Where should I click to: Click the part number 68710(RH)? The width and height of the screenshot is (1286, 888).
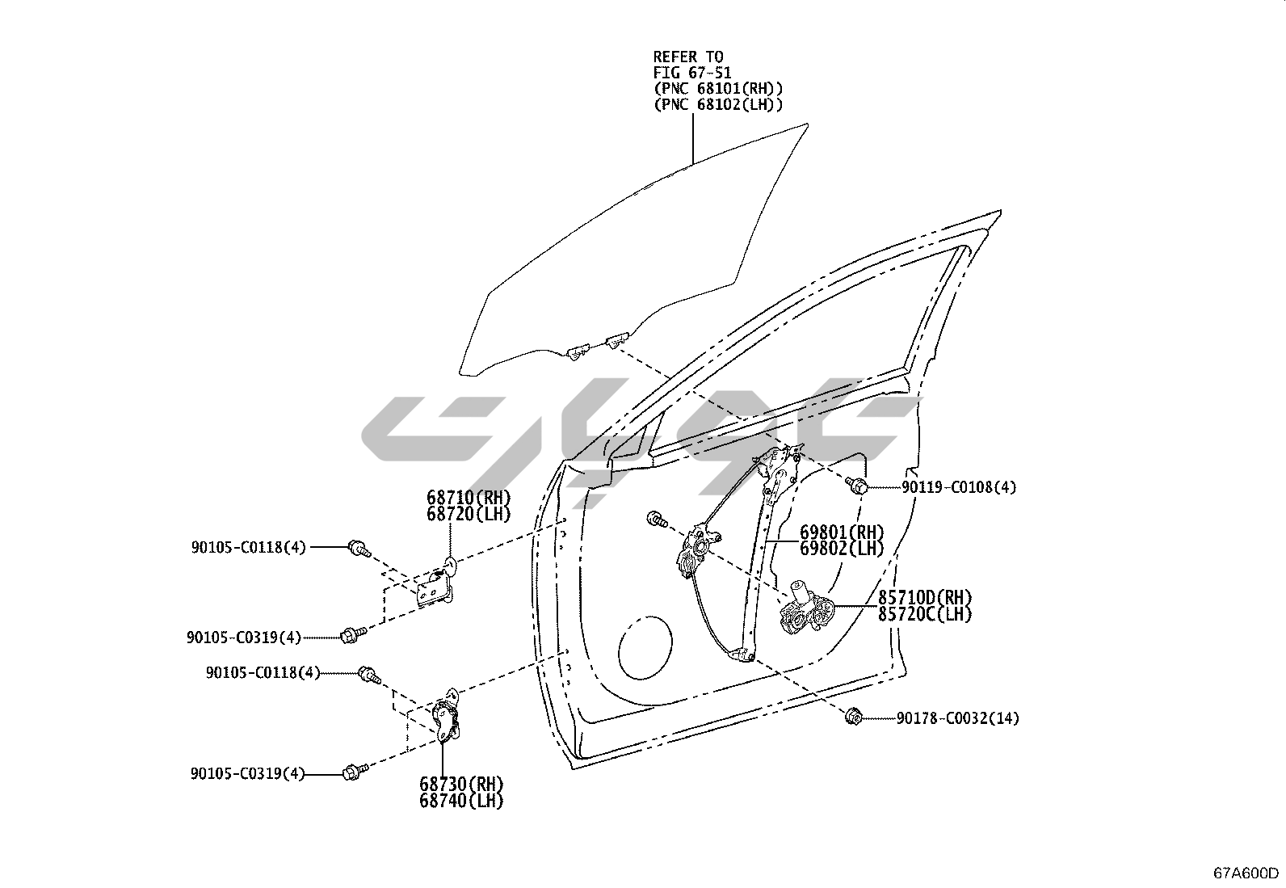[x=469, y=498]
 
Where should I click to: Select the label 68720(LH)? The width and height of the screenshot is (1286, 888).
[x=469, y=514]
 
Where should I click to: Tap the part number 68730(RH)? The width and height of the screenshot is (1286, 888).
[x=461, y=784]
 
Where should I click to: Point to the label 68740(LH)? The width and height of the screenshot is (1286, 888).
[x=461, y=801]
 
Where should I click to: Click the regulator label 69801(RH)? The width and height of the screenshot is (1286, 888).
[x=842, y=532]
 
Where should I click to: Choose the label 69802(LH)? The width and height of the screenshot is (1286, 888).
[x=842, y=548]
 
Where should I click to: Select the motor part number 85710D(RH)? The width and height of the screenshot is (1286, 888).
[x=925, y=598]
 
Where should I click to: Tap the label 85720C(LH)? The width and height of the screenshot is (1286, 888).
[x=925, y=614]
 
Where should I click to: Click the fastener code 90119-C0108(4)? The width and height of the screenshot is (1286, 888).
[x=959, y=487]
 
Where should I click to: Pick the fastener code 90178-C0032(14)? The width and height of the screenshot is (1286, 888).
[x=957, y=718]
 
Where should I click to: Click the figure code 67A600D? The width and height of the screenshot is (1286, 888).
[x=1246, y=873]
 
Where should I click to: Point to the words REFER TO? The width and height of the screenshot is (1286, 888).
[x=688, y=57]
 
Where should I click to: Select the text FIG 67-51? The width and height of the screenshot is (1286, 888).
[x=692, y=73]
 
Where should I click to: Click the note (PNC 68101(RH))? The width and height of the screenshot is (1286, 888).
[x=718, y=88]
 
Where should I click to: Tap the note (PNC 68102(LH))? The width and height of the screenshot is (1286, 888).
[x=718, y=104]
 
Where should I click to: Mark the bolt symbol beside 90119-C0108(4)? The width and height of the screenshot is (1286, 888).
[x=857, y=486]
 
